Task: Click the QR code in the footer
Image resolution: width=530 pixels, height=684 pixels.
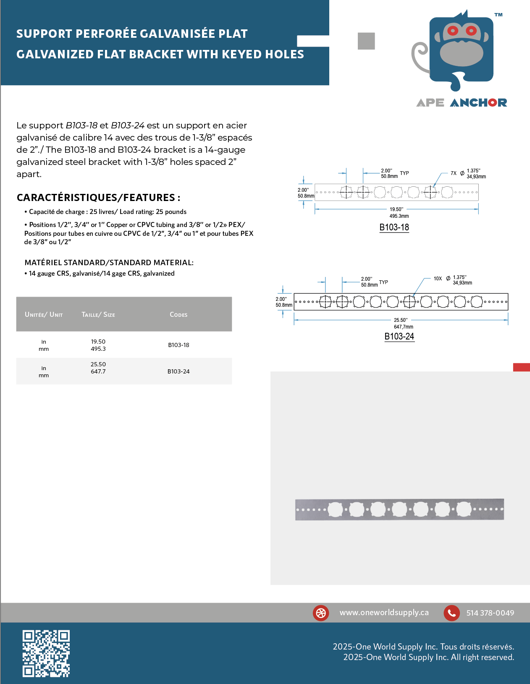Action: coord(46,653)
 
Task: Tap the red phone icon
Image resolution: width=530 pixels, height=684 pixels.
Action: coord(451,613)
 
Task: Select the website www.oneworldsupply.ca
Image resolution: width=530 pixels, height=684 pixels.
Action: coord(384,613)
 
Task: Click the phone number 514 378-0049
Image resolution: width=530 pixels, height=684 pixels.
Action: coord(490,613)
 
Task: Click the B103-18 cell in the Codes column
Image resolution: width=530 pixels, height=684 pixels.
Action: coord(178,345)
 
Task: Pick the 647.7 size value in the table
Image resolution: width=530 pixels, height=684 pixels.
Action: coord(98,371)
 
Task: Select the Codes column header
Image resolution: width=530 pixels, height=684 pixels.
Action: coord(178,315)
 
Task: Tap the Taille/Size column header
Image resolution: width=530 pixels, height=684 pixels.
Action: coord(98,315)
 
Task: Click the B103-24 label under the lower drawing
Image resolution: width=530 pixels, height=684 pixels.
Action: coord(399,337)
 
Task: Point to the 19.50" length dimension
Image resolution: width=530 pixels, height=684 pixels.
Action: coord(396,209)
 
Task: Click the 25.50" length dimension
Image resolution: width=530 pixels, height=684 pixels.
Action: coord(400,320)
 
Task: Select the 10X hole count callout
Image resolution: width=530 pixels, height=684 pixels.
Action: coord(438,279)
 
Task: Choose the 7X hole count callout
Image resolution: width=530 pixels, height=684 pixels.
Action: coord(454,173)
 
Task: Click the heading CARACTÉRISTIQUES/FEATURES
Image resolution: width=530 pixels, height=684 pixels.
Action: coord(98,198)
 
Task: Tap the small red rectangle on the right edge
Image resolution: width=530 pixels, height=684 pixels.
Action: coord(521,368)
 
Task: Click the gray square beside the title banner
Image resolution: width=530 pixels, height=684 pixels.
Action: coord(366,41)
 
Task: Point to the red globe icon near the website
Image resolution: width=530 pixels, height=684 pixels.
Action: coord(321,613)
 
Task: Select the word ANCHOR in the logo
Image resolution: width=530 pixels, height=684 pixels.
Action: coord(478,103)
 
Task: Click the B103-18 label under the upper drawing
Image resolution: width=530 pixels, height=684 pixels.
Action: coord(394,227)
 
